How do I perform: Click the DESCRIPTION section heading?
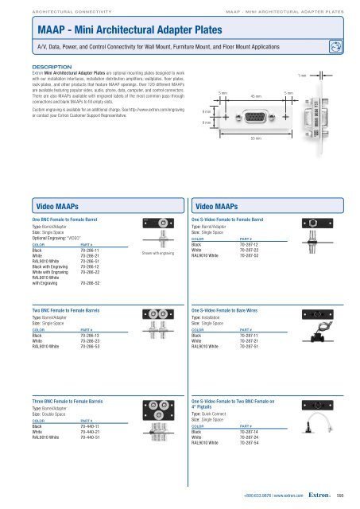(x=50, y=68)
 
